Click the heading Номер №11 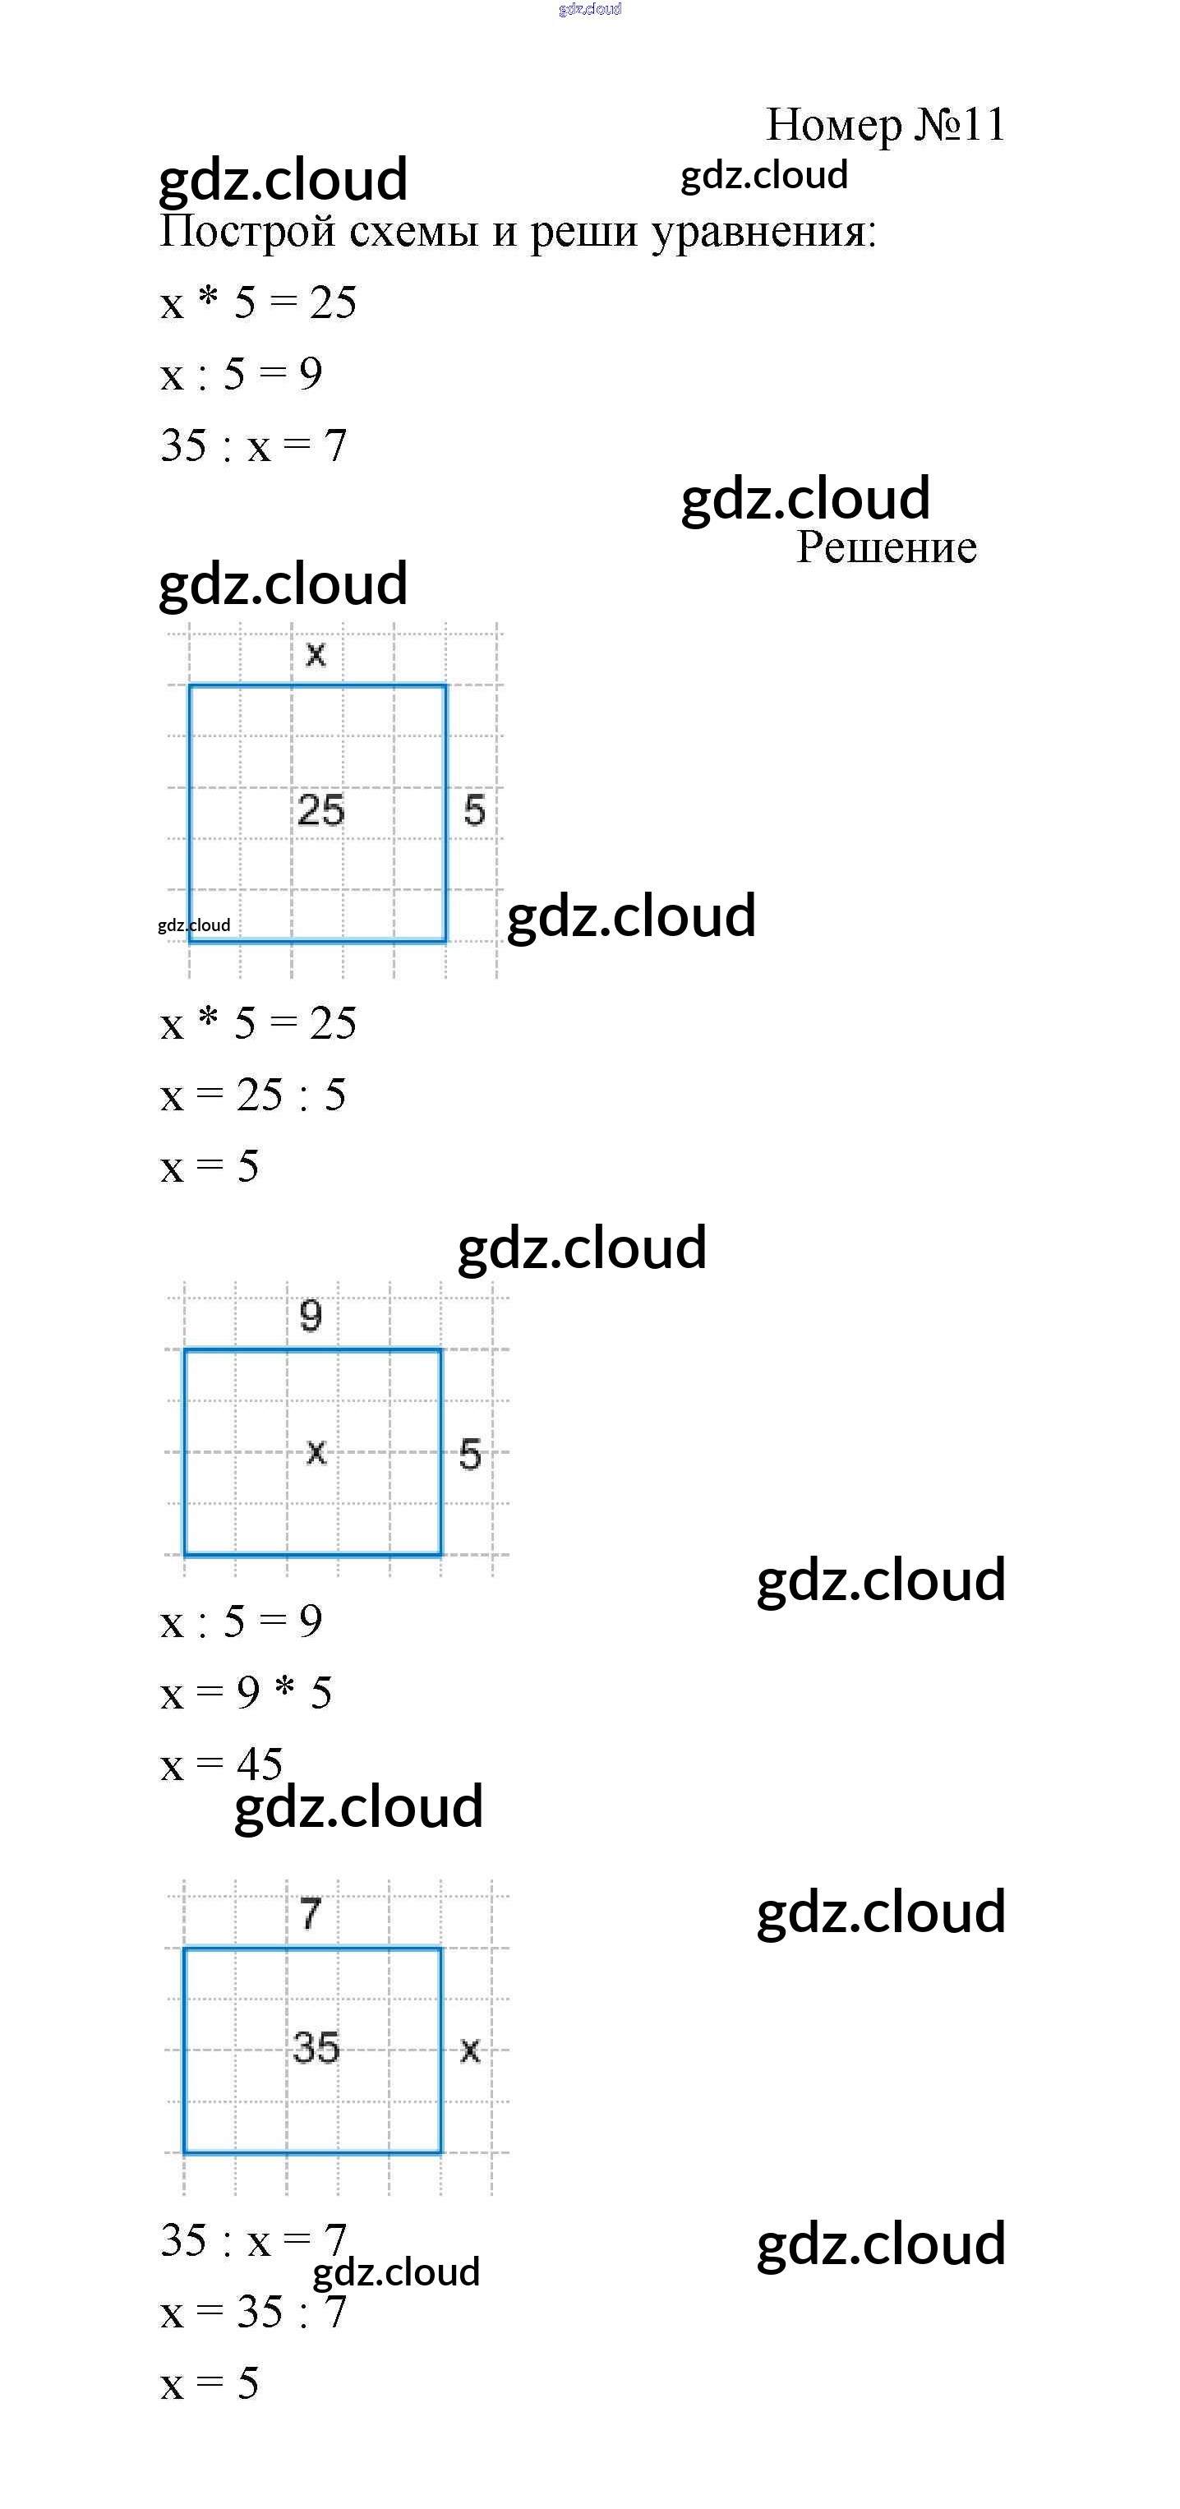click(x=885, y=125)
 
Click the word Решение click(x=886, y=547)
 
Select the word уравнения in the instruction click(x=763, y=233)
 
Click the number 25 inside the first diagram click(x=320, y=810)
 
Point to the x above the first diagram click(x=316, y=653)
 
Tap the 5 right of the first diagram click(x=474, y=810)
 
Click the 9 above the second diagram click(x=311, y=1317)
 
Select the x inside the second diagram click(x=316, y=1452)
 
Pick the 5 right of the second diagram click(x=470, y=1454)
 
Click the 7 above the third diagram click(x=311, y=1914)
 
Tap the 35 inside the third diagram click(x=316, y=2047)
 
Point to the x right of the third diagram click(x=470, y=2050)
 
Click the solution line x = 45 click(x=222, y=1764)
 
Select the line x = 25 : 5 click(x=253, y=1095)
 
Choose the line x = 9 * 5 click(x=247, y=1693)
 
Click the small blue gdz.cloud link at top click(x=590, y=10)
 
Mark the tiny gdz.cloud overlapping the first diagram click(x=194, y=925)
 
